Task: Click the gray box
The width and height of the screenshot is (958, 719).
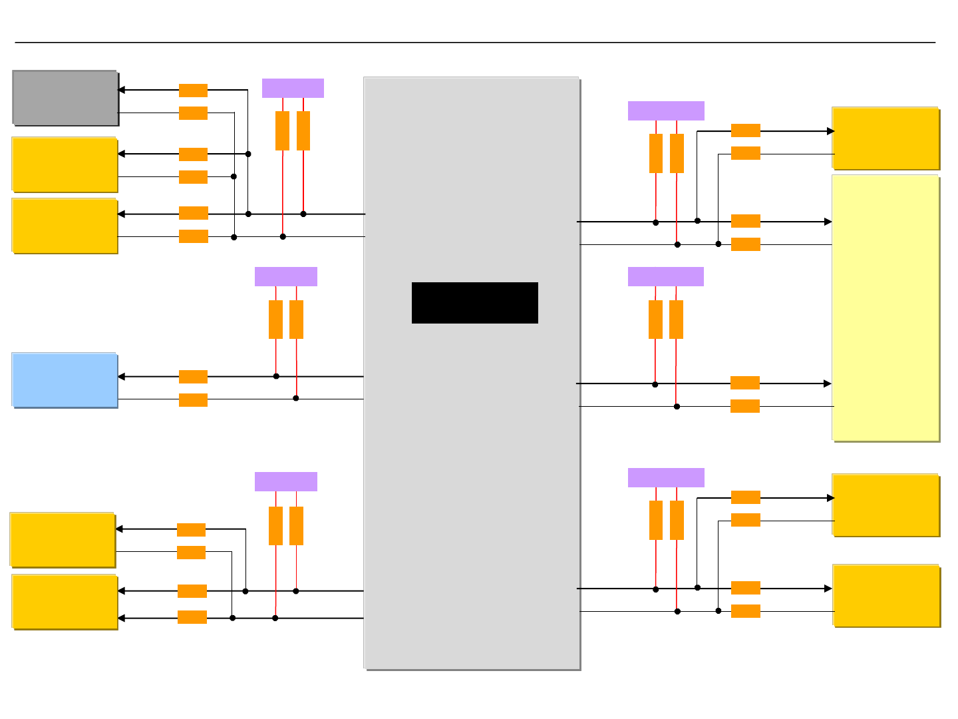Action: pos(65,98)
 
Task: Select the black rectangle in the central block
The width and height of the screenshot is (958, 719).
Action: pos(474,303)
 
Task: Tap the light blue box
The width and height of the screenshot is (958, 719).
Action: pos(65,380)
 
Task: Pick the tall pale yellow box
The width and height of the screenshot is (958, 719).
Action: pos(885,308)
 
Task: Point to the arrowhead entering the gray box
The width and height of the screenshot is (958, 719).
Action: pos(122,90)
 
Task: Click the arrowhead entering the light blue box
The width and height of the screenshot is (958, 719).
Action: pos(122,377)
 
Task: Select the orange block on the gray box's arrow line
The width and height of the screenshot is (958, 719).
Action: pos(193,91)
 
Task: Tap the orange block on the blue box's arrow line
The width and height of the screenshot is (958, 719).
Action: pos(193,377)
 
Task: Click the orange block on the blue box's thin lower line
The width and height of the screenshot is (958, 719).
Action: pos(193,399)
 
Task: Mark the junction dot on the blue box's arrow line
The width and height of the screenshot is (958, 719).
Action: pos(276,376)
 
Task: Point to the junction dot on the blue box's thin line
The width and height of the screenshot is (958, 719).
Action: pos(296,398)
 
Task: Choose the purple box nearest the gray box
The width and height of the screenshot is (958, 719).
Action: pos(293,88)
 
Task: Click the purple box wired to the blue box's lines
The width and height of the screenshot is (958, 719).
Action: pos(286,276)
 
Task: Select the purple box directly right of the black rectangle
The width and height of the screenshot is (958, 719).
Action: pos(665,276)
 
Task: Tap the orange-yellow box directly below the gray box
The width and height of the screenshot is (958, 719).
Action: pos(65,165)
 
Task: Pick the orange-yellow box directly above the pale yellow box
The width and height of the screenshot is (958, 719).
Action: pos(885,138)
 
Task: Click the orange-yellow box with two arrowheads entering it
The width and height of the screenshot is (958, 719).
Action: pos(65,602)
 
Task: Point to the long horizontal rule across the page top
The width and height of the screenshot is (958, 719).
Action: pos(475,43)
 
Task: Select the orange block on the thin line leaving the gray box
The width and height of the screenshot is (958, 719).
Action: pos(193,113)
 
